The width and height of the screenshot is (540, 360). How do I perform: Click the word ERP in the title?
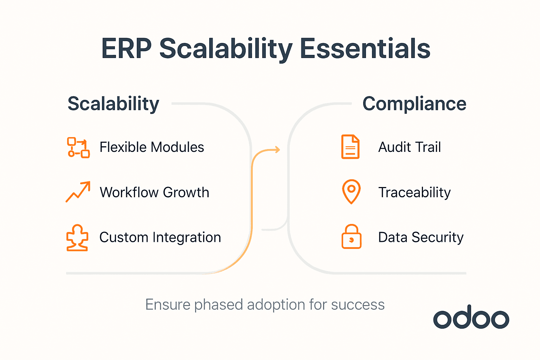126,49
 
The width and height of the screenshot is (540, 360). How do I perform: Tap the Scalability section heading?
113,104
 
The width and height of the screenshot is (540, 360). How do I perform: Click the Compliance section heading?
414,104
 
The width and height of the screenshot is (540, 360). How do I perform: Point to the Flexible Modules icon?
78,147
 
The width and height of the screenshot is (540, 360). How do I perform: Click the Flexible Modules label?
152,147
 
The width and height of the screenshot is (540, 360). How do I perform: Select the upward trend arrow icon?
78,192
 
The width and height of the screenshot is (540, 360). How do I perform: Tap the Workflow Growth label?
154,193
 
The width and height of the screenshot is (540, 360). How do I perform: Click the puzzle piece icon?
77,238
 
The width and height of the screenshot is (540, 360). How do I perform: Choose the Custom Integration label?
160,238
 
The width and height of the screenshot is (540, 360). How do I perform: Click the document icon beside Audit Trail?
351,147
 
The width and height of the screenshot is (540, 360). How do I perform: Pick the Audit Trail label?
409,147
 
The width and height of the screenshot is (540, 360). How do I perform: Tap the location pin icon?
351,192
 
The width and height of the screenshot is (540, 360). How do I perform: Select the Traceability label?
414,193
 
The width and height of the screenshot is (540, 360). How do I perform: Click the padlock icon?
351,237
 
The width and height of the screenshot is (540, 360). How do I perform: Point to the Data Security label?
420,238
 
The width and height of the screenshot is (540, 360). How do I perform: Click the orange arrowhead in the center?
277,150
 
